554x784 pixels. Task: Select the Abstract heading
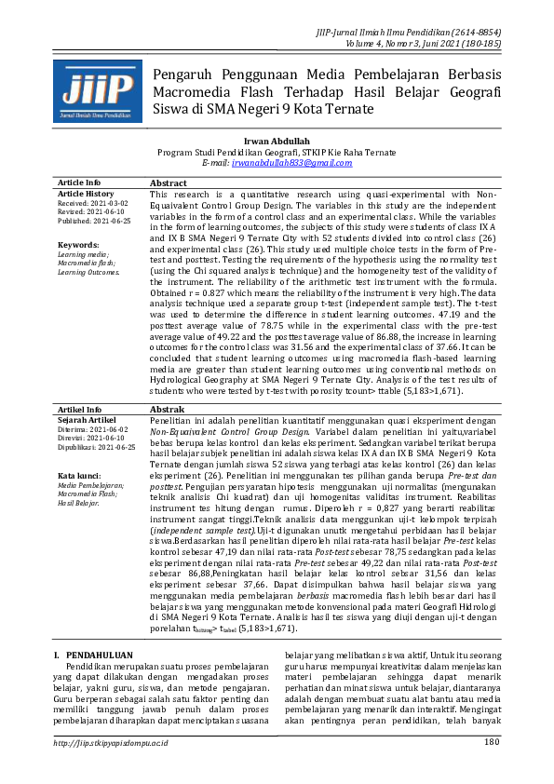coord(169,183)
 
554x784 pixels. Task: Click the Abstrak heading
coord(168,436)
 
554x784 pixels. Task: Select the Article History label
coord(87,193)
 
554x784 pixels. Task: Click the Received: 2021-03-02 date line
coord(93,202)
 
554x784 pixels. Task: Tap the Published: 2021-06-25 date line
coord(94,222)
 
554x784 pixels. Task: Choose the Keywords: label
coord(78,245)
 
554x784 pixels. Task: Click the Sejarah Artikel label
coord(86,446)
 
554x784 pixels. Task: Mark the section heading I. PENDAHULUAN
coord(95,656)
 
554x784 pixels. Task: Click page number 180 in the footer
coord(492,768)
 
